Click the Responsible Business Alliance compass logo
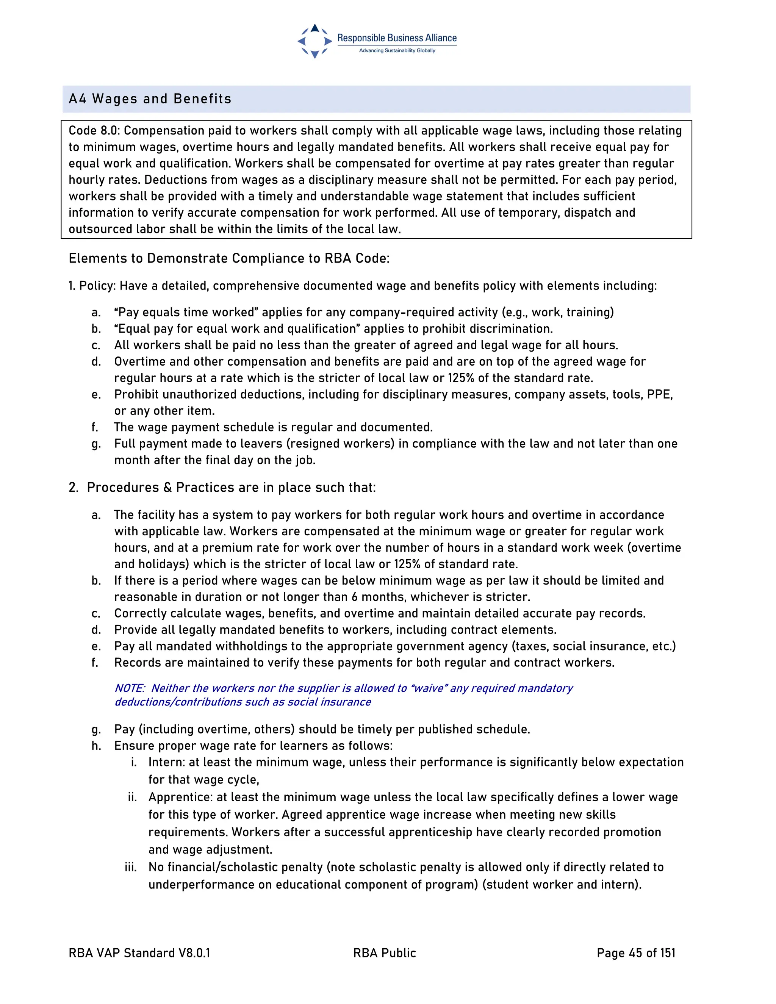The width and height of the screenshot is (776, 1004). (x=314, y=41)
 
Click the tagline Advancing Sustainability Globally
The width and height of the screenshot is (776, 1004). (x=397, y=50)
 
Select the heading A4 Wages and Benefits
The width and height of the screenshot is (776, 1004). (x=150, y=99)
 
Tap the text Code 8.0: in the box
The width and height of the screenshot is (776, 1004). (x=94, y=131)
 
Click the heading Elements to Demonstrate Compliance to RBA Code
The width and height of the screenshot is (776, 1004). (x=229, y=258)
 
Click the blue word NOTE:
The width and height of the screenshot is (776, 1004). (x=130, y=688)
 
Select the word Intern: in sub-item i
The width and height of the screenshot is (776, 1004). (x=166, y=762)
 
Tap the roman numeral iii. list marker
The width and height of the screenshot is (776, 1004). (x=131, y=867)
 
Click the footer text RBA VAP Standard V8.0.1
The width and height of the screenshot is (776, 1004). (x=139, y=953)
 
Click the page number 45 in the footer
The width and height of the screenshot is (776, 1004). (x=635, y=953)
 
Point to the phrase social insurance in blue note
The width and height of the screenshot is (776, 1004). (x=329, y=702)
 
